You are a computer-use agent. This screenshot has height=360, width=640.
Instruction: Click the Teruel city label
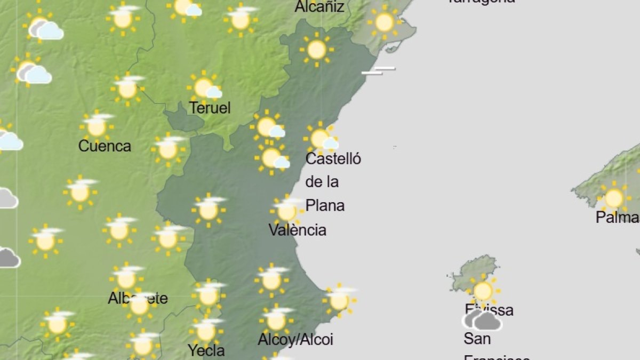(210, 108)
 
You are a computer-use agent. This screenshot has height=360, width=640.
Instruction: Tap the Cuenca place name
(105, 146)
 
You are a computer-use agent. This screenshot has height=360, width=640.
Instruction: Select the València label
(297, 230)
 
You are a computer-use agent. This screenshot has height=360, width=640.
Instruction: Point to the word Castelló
(333, 158)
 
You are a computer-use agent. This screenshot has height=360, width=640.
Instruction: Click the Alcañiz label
(319, 7)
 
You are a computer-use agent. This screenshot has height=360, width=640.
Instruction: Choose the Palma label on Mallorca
(618, 217)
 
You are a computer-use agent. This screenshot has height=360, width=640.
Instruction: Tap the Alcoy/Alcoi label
(295, 339)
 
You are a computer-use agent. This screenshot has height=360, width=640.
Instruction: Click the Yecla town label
(206, 350)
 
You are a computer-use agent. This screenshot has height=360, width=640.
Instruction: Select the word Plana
(325, 205)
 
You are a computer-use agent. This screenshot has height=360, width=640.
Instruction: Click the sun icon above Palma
(614, 198)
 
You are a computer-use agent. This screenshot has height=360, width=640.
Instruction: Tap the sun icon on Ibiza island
(483, 291)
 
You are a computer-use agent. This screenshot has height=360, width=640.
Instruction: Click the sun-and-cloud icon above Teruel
(205, 87)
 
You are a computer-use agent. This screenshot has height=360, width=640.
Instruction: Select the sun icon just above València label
(287, 211)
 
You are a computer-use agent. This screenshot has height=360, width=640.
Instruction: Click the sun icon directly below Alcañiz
(317, 50)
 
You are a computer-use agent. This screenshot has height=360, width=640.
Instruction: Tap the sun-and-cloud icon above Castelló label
(321, 138)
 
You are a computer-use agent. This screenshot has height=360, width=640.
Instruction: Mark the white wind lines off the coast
(378, 70)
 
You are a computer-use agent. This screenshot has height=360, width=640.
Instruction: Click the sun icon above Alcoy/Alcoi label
(276, 319)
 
